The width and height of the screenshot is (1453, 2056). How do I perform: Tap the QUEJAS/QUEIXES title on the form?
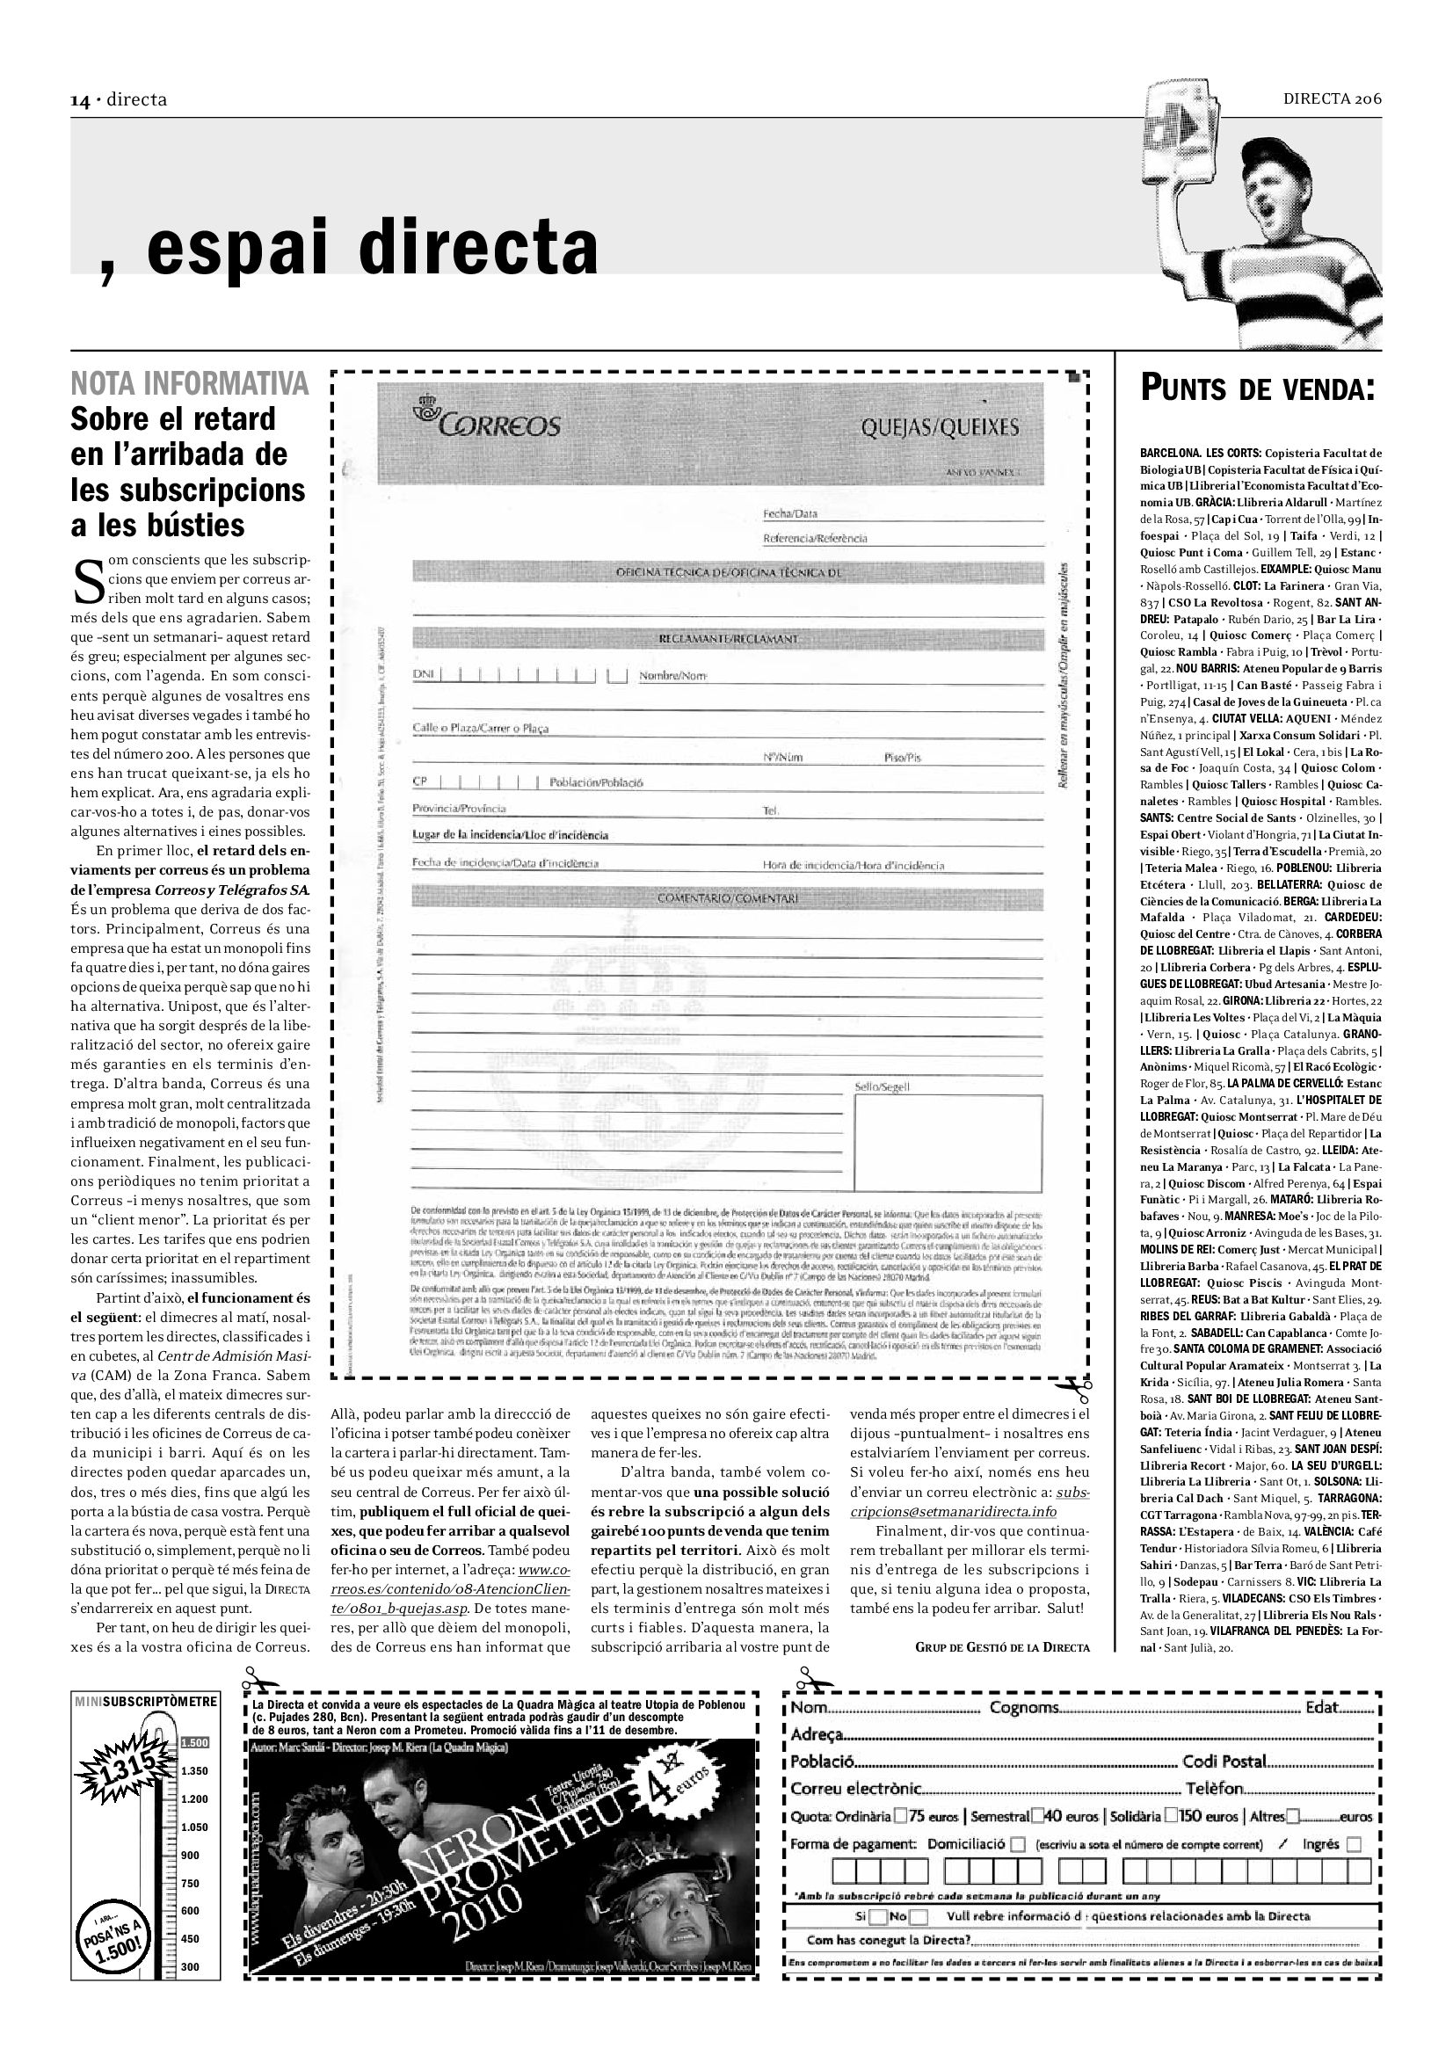(939, 427)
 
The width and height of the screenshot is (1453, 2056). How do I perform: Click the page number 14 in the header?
(81, 100)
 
